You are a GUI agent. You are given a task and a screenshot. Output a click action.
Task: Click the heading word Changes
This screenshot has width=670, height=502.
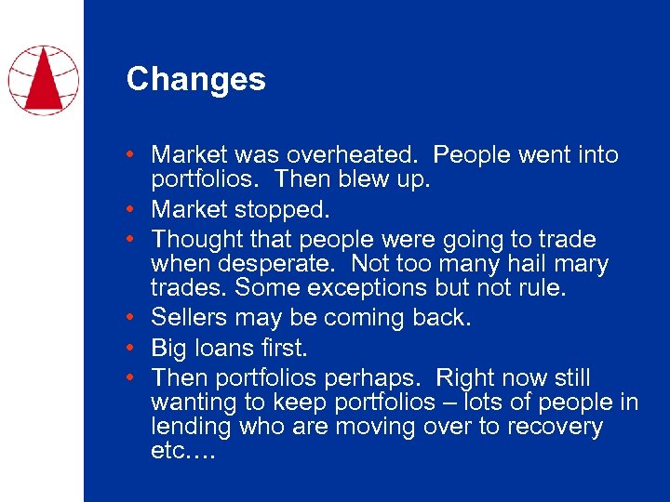[195, 79]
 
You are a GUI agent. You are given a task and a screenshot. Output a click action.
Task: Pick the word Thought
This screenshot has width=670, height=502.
[194, 239]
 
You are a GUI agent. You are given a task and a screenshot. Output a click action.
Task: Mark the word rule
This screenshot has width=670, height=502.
[540, 289]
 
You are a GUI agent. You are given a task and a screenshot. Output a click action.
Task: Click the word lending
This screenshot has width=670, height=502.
[191, 428]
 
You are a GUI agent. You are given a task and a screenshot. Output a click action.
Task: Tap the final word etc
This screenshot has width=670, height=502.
[181, 452]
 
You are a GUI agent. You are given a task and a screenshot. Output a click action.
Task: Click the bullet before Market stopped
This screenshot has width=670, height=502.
[136, 209]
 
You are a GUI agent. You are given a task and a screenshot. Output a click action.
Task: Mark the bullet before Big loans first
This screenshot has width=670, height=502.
[136, 349]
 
